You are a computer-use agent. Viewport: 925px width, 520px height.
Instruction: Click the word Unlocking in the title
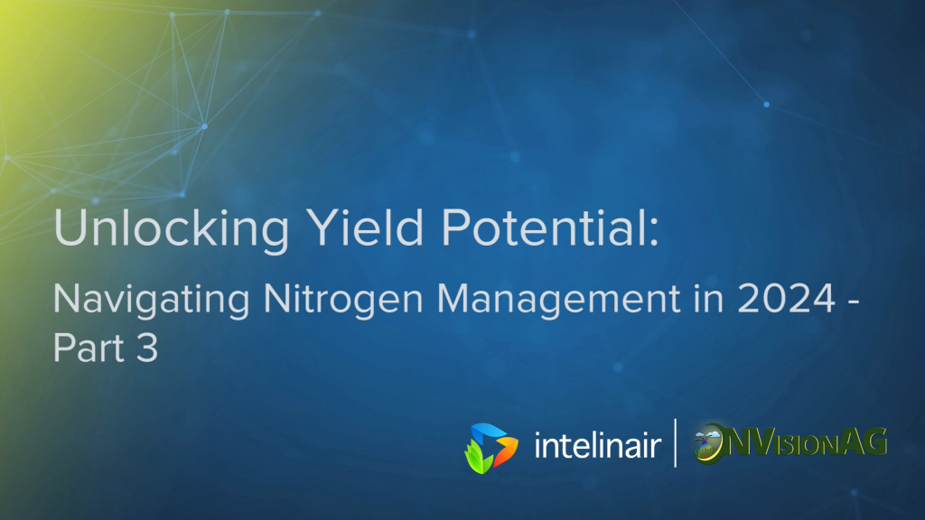coord(172,228)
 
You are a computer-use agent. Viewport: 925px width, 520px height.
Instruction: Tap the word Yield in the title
coord(366,227)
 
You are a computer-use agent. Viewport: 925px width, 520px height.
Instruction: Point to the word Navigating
coord(152,301)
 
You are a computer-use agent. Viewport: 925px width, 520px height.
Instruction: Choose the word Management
coord(558,301)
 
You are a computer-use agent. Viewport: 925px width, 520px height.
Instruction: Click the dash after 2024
coord(853,302)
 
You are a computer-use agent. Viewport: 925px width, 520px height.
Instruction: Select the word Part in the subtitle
coord(89,348)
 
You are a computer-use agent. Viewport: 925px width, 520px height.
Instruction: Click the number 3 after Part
coord(147,348)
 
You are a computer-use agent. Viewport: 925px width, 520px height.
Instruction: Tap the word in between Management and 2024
coord(708,298)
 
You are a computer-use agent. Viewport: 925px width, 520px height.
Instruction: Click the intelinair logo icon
coord(491,448)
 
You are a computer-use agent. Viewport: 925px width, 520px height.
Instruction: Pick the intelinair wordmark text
coord(597,445)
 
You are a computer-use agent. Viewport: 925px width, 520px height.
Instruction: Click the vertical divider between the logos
coord(676,442)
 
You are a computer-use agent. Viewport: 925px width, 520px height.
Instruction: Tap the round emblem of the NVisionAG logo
coord(708,443)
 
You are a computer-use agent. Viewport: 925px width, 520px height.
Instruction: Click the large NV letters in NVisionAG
coord(755,442)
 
